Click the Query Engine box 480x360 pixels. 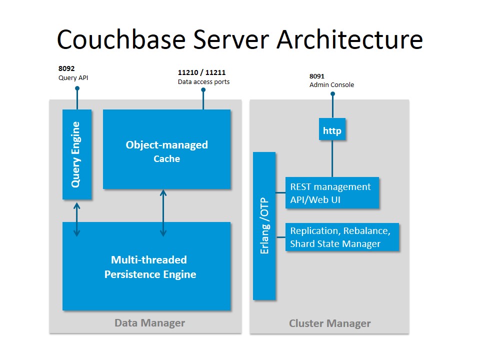pyautogui.click(x=76, y=154)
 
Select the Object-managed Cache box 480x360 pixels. pyautogui.click(x=166, y=149)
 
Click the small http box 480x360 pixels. pyautogui.click(x=332, y=131)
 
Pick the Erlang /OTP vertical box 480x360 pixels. pyautogui.click(x=264, y=226)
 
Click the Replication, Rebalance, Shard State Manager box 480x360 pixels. pyautogui.click(x=341, y=237)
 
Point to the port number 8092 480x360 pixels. pyautogui.click(x=66, y=69)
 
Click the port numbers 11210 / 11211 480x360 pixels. pyautogui.click(x=201, y=72)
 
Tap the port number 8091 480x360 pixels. pyautogui.click(x=317, y=76)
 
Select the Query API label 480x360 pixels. pyautogui.click(x=73, y=77)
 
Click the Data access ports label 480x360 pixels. pyautogui.click(x=204, y=81)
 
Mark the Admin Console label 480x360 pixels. pyautogui.click(x=331, y=85)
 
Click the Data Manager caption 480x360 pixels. pyautogui.click(x=149, y=322)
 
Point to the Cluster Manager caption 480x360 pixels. pyautogui.click(x=330, y=323)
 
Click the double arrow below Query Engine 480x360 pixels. pyautogui.click(x=76, y=219)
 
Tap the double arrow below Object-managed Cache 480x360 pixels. pyautogui.click(x=163, y=213)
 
